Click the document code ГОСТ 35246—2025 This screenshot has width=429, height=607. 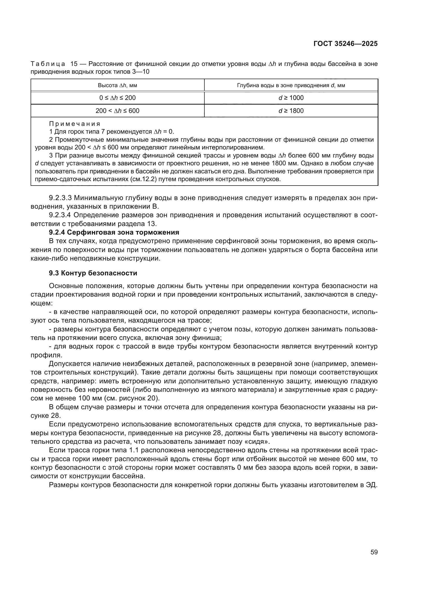(x=345, y=44)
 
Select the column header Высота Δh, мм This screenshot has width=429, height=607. (x=117, y=85)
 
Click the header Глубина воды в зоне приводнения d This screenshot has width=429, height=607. (x=291, y=85)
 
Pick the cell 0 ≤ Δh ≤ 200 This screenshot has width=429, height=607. (x=117, y=98)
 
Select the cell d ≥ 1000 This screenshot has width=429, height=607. (x=291, y=98)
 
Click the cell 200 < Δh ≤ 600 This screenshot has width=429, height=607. (x=117, y=111)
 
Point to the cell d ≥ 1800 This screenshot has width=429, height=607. (x=291, y=111)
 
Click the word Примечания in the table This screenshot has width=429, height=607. (x=75, y=124)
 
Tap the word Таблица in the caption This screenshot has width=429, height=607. (x=48, y=64)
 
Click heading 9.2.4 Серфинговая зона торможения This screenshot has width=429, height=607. (x=114, y=232)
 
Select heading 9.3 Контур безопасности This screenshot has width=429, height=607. (x=93, y=273)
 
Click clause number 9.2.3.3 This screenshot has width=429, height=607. (x=60, y=198)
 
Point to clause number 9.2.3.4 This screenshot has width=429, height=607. (x=60, y=215)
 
